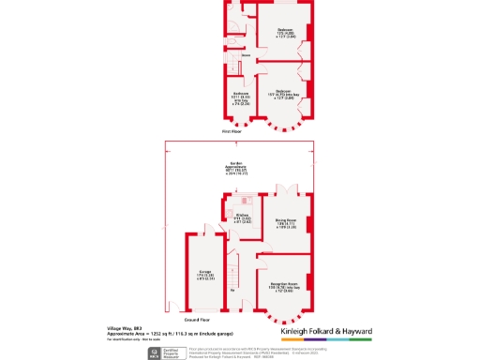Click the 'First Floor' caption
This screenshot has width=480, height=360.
(x=232, y=132)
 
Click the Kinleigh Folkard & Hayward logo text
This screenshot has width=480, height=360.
(x=327, y=332)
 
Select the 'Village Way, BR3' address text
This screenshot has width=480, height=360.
(x=124, y=327)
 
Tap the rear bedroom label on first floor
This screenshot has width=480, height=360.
(x=285, y=34)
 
